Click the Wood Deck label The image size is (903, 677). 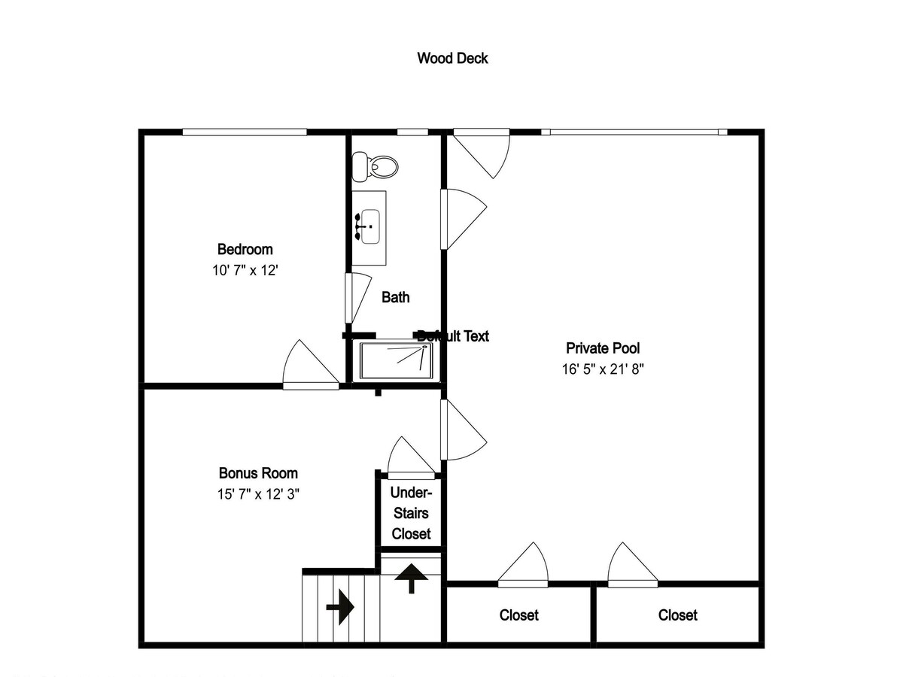(452, 59)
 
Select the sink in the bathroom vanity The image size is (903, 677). (369, 226)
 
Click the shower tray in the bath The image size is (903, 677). (396, 361)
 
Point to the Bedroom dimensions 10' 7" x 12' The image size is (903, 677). (245, 271)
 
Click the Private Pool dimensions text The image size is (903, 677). (603, 369)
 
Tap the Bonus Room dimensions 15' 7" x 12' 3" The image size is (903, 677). (258, 493)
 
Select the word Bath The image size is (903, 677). (395, 297)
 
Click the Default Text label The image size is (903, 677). (453, 336)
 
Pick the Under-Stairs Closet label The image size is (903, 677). (411, 513)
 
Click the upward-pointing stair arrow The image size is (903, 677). (412, 578)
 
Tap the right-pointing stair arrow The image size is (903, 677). (340, 607)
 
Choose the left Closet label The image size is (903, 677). (518, 615)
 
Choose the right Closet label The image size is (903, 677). (677, 615)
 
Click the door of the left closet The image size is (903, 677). (523, 565)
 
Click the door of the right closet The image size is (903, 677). (633, 565)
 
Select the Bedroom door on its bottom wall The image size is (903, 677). (311, 365)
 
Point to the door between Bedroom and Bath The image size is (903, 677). (358, 298)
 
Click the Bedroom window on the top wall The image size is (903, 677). (245, 132)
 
